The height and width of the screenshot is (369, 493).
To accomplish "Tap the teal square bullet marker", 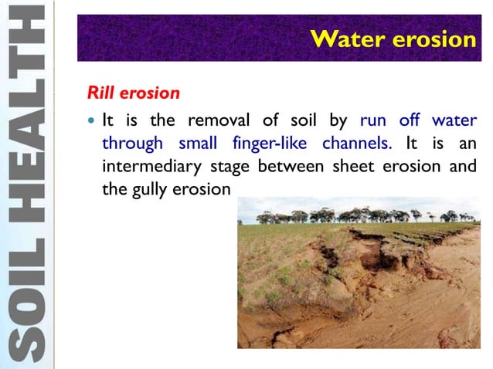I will coord(92,121).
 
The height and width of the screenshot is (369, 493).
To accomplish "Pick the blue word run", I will coord(374,121).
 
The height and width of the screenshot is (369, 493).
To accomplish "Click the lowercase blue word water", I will coord(456,121).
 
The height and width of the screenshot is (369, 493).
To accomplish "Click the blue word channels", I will coord(356,144).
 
